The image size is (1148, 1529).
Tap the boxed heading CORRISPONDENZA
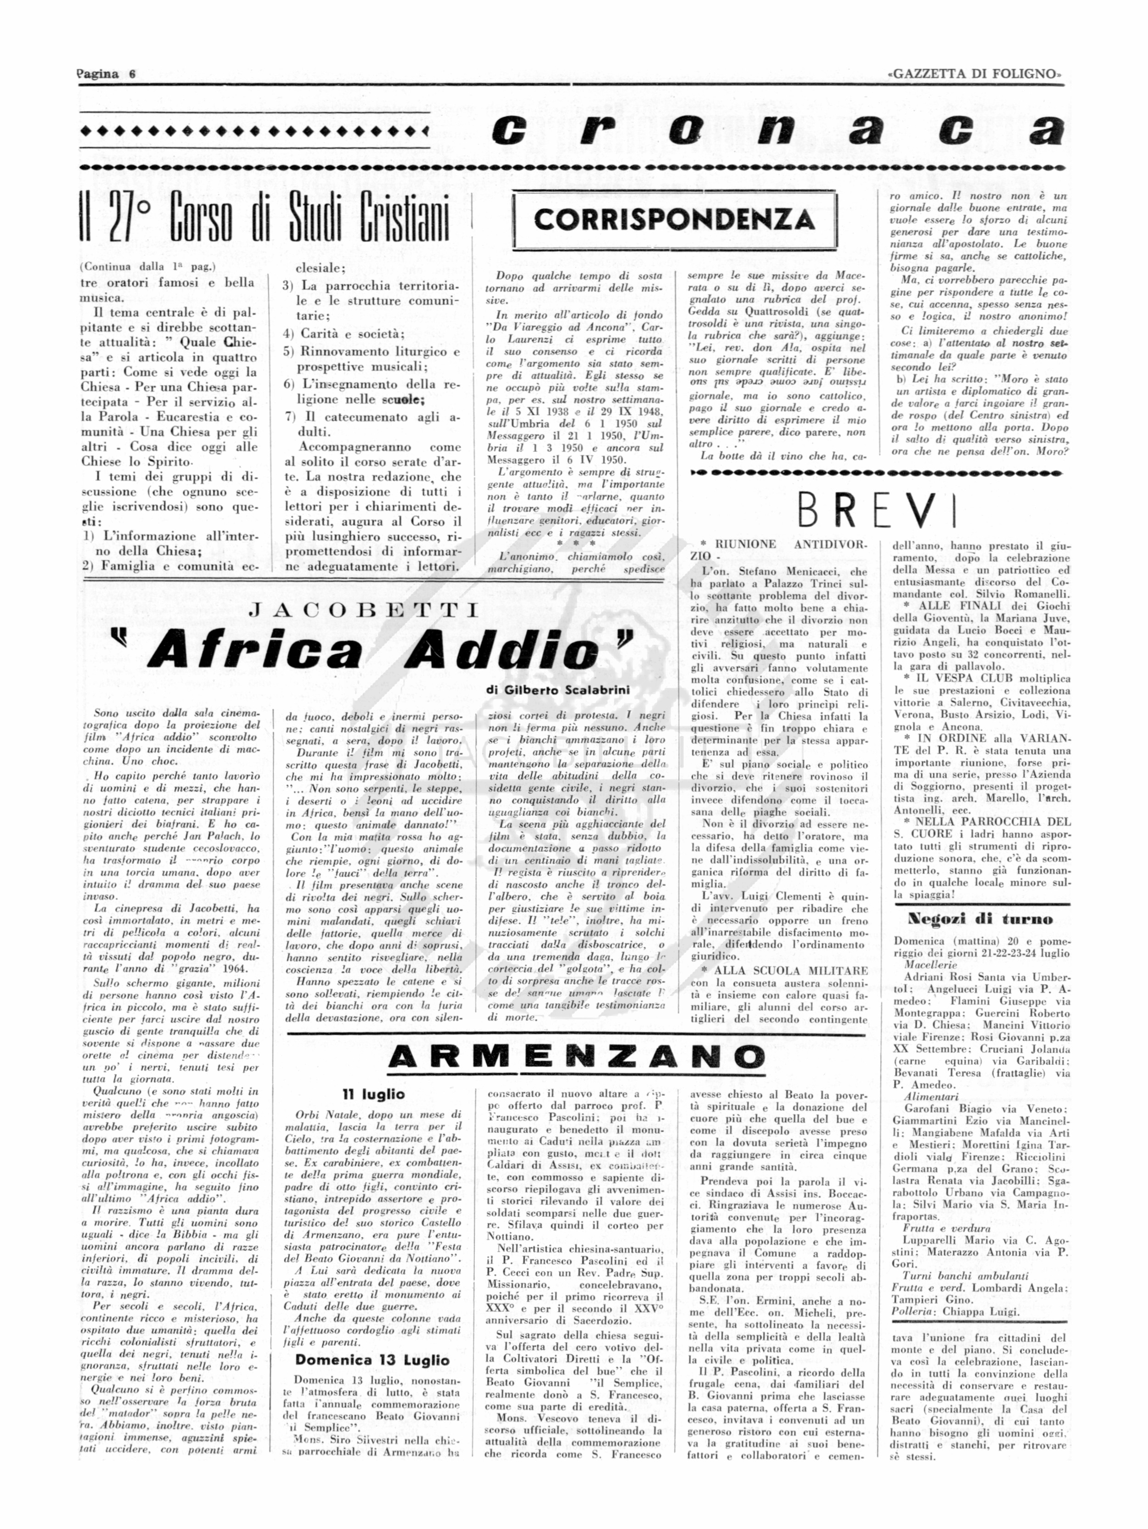pyautogui.click(x=674, y=220)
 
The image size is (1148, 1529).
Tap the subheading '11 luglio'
pyautogui.click(x=373, y=1094)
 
